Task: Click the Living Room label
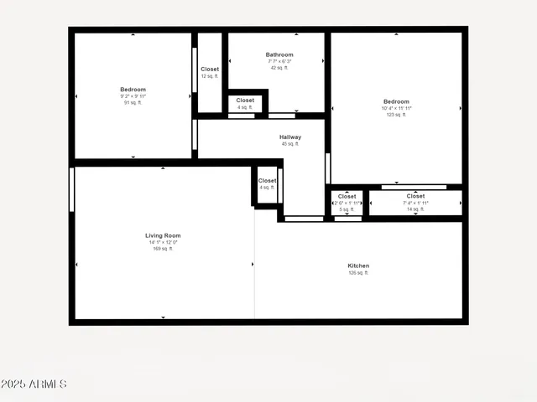[x=163, y=235]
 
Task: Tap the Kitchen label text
[x=358, y=265]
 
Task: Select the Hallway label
[x=290, y=137]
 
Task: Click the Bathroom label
[x=279, y=54]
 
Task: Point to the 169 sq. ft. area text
[x=163, y=249]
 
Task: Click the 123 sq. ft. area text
[x=396, y=115]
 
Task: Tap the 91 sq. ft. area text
[x=133, y=103]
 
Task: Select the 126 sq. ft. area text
[x=358, y=273]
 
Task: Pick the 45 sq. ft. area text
[x=290, y=144]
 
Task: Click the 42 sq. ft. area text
[x=279, y=68]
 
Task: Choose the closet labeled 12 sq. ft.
[x=210, y=73]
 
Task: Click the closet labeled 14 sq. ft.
[x=415, y=203]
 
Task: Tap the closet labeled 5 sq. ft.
[x=347, y=203]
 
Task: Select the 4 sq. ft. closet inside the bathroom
[x=245, y=103]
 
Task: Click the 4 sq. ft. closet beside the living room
[x=267, y=183]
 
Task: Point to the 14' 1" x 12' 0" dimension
[x=163, y=242]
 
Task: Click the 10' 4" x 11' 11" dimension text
[x=396, y=108]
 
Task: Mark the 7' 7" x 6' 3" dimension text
[x=279, y=61]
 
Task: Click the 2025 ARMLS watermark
[x=34, y=384]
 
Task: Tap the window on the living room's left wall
[x=72, y=189]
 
